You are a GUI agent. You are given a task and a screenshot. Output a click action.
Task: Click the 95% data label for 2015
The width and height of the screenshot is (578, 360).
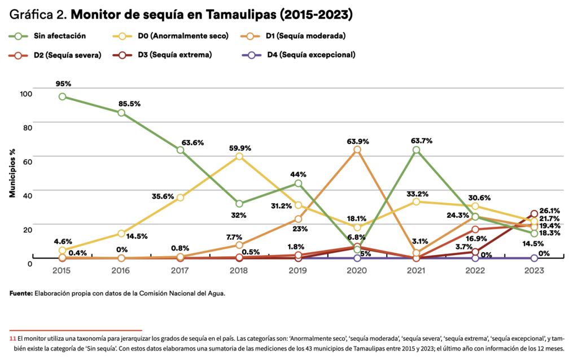coord(63,84)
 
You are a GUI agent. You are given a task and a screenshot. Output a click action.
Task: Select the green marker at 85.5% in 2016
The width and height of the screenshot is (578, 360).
coord(121,113)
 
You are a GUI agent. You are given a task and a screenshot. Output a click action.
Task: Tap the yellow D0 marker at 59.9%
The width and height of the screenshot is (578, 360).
coord(239,156)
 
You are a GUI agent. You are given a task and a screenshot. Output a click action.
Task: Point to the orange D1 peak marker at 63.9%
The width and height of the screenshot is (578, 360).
coord(357,150)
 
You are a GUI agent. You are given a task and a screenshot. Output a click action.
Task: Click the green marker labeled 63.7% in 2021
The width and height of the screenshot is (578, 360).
coord(416,150)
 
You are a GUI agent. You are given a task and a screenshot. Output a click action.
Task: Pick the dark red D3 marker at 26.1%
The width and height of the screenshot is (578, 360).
coord(534,214)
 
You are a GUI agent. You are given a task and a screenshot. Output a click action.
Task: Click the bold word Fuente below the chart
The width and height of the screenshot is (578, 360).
coord(21,294)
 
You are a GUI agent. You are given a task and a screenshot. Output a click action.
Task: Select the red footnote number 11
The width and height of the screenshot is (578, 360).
coord(12,338)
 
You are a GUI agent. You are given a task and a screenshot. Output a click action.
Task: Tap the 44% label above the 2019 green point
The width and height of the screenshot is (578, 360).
coord(299,174)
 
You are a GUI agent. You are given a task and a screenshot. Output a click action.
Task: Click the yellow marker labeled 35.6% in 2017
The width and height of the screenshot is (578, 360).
coord(180,197)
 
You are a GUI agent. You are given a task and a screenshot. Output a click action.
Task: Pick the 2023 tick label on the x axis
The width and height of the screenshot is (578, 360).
coord(534,271)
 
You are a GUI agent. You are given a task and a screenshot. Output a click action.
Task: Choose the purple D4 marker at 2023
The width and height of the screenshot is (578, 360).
coord(534,258)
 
